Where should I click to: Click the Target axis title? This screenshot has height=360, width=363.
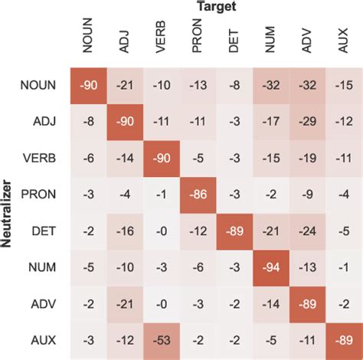pyautogui.click(x=215, y=7)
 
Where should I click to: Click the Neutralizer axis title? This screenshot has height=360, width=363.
pyautogui.click(x=7, y=211)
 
